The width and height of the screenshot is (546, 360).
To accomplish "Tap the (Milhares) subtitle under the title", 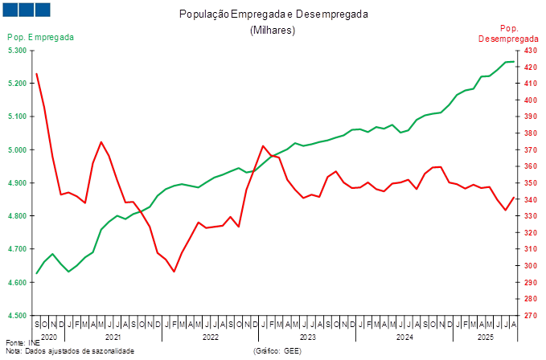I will [x=273, y=30].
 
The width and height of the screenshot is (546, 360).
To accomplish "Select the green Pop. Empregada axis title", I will [x=41, y=37].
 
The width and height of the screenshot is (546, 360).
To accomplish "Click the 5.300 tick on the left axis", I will [x=17, y=50].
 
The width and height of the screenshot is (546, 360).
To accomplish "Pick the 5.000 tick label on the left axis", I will [x=17, y=149].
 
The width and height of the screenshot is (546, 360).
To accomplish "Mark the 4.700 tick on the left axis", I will [x=17, y=249].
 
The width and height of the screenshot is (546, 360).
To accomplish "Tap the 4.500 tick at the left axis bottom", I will [x=17, y=316].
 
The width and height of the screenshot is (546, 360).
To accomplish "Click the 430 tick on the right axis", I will [x=531, y=50].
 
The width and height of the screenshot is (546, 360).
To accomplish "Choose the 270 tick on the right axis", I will [x=531, y=316].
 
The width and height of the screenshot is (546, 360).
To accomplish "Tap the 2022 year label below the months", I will [x=211, y=337].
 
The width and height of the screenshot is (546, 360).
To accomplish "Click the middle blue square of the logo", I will [x=26, y=10].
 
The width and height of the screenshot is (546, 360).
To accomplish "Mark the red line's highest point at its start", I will [x=37, y=74].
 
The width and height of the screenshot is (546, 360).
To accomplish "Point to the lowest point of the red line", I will [x=174, y=272].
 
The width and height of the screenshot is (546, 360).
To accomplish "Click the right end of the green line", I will [x=515, y=61].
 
